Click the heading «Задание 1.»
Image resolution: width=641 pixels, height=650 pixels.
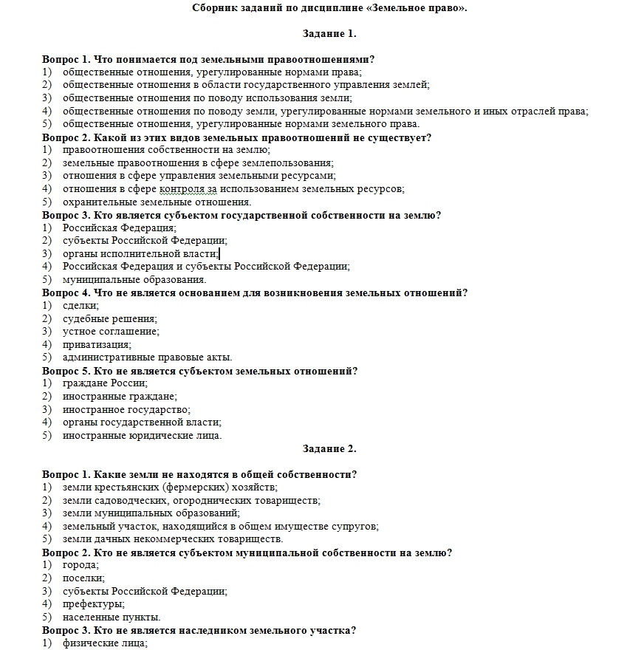pos(329,33)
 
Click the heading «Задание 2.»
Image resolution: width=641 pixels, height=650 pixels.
pos(329,448)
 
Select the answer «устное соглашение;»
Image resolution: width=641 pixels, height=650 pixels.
pos(111,332)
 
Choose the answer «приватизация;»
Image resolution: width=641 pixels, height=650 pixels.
pos(97,344)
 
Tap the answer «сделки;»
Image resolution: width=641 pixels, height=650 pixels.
pos(80,306)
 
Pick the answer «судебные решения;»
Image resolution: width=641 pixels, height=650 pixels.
pos(110,318)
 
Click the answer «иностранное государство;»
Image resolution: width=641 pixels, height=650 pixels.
pos(126,409)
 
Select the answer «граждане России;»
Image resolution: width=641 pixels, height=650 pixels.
pos(105,383)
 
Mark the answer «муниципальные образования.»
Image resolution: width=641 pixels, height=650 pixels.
pos(134,280)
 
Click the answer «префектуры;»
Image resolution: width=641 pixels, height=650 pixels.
pos(93,604)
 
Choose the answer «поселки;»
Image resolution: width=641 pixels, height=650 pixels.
pos(83,578)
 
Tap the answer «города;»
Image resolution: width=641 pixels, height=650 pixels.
pos(80,565)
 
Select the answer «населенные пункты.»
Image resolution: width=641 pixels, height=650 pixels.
pos(112,617)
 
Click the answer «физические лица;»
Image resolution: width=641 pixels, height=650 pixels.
pos(105,643)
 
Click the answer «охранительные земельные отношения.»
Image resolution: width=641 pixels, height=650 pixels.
pos(157,202)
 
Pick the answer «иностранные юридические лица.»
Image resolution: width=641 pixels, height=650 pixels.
pos(142,435)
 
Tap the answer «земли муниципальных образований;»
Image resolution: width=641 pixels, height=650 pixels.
pos(151,513)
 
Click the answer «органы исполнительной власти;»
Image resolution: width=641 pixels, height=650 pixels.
pos(135,253)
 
